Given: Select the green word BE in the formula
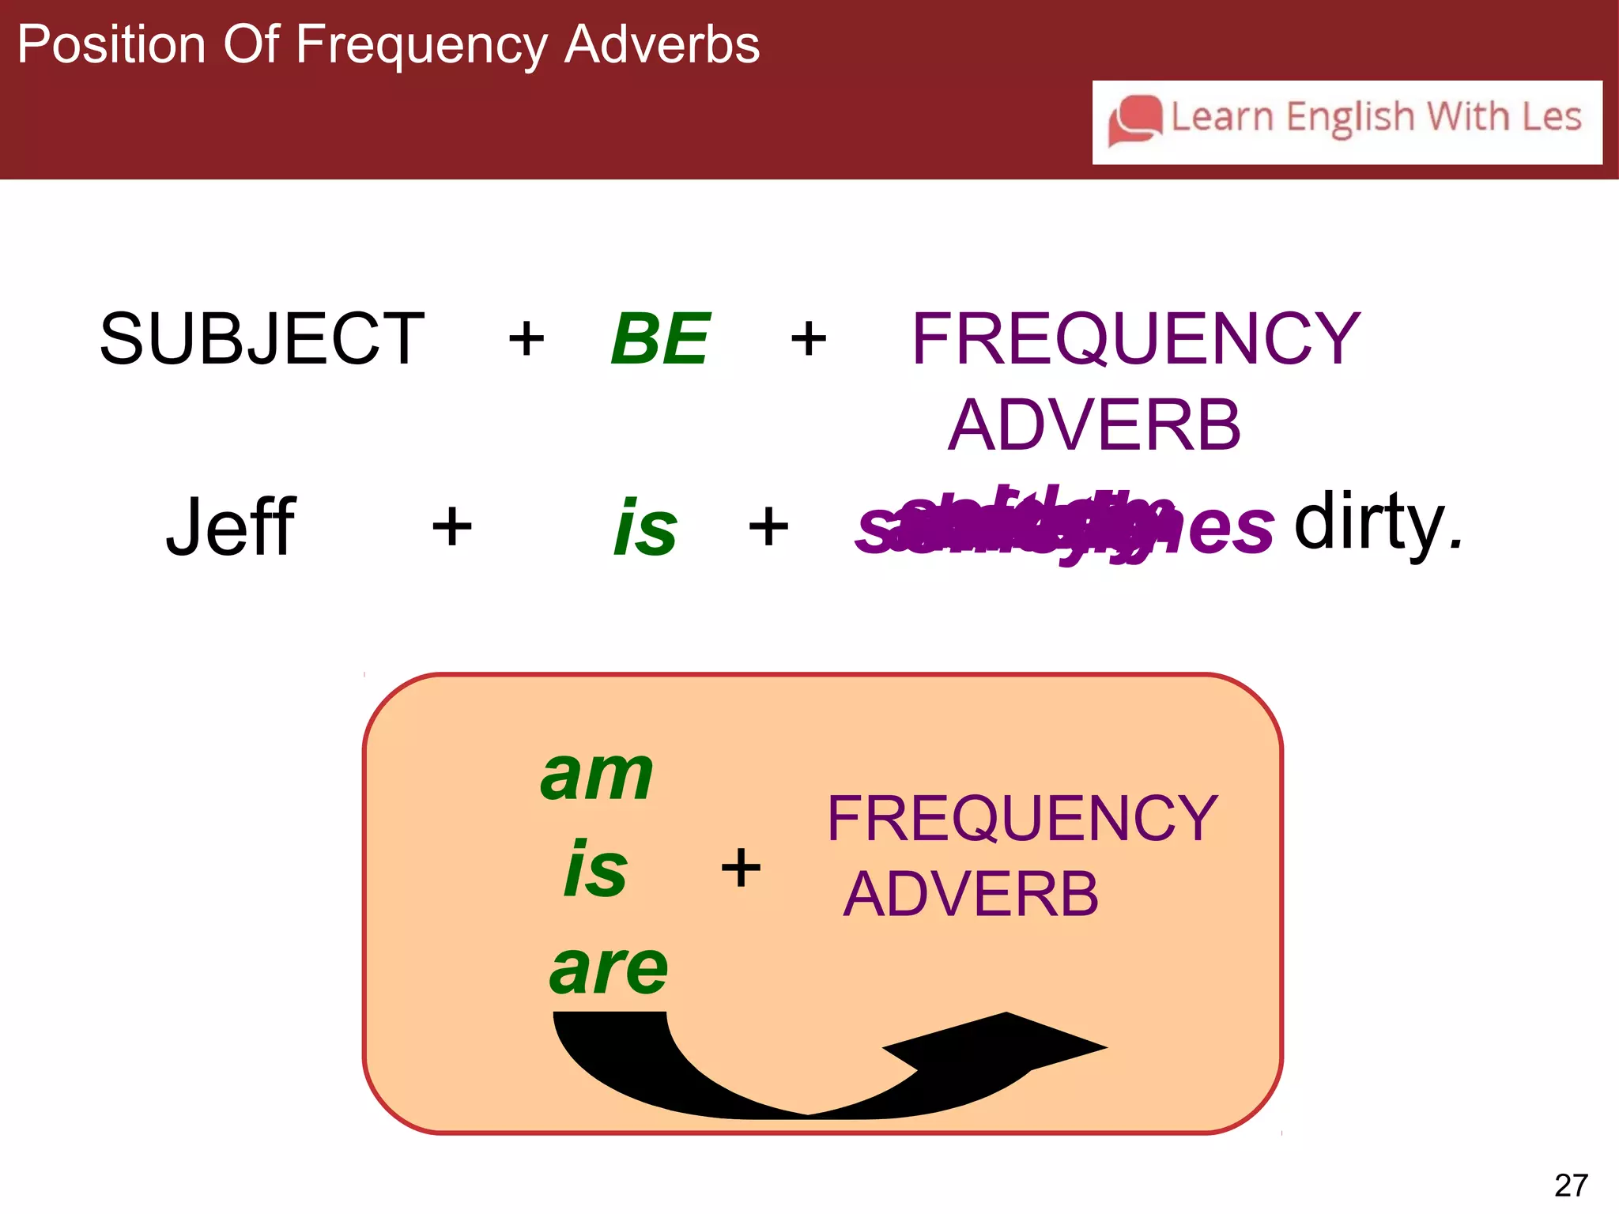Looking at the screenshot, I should [660, 339].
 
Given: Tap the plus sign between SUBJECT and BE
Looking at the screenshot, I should [526, 340].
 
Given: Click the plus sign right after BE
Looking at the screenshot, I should [809, 340].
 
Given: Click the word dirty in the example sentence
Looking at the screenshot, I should [1377, 522].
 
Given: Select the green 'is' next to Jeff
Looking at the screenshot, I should [645, 528].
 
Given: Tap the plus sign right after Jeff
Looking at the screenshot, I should [452, 526].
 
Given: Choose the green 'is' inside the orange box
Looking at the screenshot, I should [595, 869].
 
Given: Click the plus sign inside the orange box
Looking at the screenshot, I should [741, 867].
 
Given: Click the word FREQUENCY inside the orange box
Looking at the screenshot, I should [1022, 819].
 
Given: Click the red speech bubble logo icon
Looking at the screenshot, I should [1135, 120].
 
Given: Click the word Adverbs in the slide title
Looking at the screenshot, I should [662, 44].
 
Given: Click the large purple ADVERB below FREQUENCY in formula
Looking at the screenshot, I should [1094, 425].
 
